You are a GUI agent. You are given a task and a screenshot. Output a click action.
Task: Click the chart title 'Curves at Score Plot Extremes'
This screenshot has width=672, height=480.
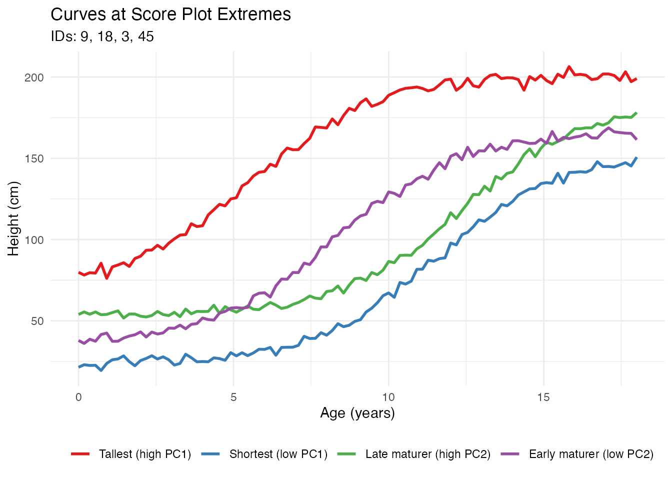pyautogui.click(x=170, y=14)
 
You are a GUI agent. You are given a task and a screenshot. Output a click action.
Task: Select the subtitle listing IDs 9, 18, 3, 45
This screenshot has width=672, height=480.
pyautogui.click(x=102, y=36)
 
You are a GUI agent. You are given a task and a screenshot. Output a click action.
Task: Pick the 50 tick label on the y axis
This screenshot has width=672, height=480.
pyautogui.click(x=37, y=321)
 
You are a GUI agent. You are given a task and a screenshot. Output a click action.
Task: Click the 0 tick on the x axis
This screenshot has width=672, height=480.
pyautogui.click(x=78, y=397)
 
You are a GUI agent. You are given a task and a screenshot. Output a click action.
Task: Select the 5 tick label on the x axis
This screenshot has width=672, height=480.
pyautogui.click(x=233, y=397)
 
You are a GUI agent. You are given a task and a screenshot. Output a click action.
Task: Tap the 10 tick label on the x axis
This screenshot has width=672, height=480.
pyautogui.click(x=388, y=397)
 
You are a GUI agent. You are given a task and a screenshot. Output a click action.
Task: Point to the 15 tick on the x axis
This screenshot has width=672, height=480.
pyautogui.click(x=543, y=397)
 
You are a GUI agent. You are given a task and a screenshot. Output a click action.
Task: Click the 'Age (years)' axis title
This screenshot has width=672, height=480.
pyautogui.click(x=357, y=413)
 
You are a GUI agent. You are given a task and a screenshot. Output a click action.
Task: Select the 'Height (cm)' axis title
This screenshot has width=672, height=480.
pyautogui.click(x=13, y=218)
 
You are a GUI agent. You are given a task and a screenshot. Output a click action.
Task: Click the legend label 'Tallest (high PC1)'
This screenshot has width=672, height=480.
pyautogui.click(x=145, y=454)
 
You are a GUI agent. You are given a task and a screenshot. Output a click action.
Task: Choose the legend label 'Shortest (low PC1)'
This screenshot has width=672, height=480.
pyautogui.click(x=278, y=454)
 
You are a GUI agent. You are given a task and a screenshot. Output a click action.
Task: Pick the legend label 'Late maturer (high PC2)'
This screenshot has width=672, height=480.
pyautogui.click(x=428, y=454)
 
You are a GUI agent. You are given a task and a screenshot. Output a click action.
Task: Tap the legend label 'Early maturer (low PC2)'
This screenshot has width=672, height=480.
pyautogui.click(x=591, y=454)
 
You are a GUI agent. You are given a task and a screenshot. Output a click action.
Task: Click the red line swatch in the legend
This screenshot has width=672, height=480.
pyautogui.click(x=80, y=454)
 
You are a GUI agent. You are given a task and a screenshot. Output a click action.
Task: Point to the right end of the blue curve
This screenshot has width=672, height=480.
pyautogui.click(x=636, y=157)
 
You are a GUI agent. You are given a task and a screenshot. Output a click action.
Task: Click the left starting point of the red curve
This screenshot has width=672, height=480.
pyautogui.click(x=79, y=272)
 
